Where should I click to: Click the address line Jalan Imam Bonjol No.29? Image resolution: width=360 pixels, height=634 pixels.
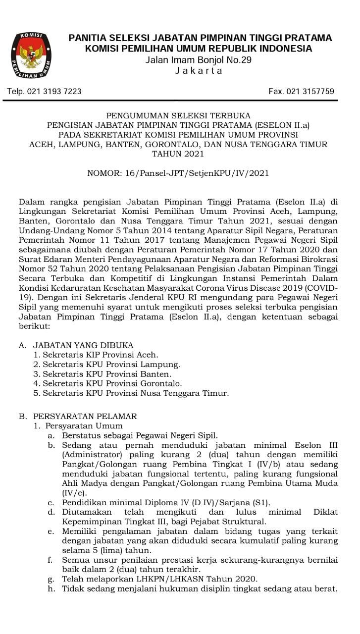pyautogui.click(x=199, y=60)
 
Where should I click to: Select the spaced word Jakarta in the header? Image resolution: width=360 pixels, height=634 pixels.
pyautogui.click(x=199, y=71)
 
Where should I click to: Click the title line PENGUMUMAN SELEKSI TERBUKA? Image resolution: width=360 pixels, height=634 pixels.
pyautogui.click(x=178, y=115)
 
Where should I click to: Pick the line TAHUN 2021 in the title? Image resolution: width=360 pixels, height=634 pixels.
pyautogui.click(x=178, y=154)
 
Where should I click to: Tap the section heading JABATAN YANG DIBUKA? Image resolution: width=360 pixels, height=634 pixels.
pyautogui.click(x=83, y=345)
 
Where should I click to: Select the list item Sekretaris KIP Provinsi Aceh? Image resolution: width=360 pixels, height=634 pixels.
pyautogui.click(x=96, y=355)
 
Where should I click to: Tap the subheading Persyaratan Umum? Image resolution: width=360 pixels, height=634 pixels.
pyautogui.click(x=84, y=426)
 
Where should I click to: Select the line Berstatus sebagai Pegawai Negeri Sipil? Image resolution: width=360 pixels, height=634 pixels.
pyautogui.click(x=140, y=436)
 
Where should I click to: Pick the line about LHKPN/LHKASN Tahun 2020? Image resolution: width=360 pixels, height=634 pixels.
pyautogui.click(x=160, y=579)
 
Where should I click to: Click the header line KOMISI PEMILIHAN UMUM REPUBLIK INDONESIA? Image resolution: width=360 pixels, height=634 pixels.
pyautogui.click(x=199, y=49)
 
